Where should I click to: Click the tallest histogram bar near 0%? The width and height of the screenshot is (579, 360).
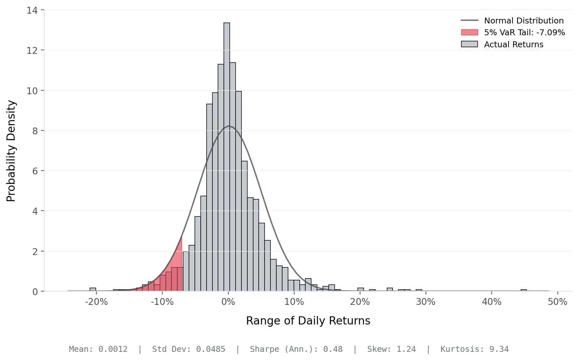(x=227, y=157)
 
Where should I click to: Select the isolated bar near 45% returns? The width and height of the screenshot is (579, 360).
(x=524, y=290)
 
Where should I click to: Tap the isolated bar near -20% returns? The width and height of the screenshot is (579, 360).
(x=93, y=290)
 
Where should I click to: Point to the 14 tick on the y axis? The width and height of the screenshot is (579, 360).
(x=32, y=10)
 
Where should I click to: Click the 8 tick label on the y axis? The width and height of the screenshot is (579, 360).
(x=35, y=131)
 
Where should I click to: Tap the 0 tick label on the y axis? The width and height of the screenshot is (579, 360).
(x=35, y=292)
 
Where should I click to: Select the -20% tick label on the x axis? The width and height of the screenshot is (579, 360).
(x=96, y=302)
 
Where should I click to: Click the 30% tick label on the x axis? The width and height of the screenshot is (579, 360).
(x=426, y=302)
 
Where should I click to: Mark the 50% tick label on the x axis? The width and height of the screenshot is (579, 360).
(x=557, y=302)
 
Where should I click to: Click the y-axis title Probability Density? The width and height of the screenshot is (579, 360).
(x=11, y=151)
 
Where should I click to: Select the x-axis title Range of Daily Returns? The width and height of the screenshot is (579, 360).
(x=308, y=321)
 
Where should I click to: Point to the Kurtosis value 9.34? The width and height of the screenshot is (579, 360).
(x=499, y=349)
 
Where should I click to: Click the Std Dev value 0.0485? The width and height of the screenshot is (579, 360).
(x=210, y=349)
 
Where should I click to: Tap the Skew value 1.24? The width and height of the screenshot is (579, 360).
(x=406, y=349)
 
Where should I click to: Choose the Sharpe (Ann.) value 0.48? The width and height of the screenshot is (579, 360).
(x=333, y=349)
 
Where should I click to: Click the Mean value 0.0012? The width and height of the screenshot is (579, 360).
(x=113, y=349)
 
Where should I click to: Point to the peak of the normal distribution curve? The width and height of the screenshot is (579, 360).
(x=229, y=126)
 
